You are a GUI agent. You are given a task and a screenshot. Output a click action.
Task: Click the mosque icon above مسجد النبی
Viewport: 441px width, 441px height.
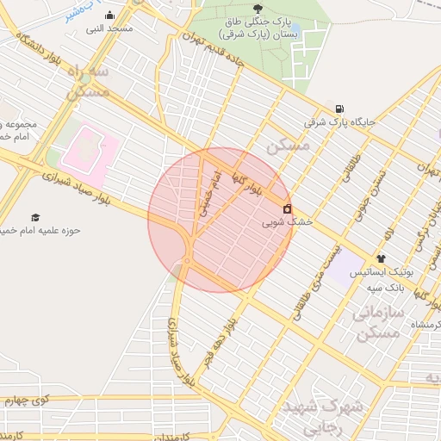coord(109,16)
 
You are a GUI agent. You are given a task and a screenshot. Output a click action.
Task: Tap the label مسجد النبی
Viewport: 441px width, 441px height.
coord(109,29)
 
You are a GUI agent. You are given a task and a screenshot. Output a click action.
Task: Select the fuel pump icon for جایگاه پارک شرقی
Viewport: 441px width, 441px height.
coord(339,109)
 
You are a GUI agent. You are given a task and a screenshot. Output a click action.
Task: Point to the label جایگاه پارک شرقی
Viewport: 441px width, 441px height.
coord(340,123)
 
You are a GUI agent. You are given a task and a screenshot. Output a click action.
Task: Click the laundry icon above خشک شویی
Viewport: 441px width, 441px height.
coord(287,208)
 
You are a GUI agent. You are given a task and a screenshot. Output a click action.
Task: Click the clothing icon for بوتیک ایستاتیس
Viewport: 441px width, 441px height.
coord(381,258)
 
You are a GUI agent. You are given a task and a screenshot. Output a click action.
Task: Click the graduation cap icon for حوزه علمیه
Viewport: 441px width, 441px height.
coord(35,217)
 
